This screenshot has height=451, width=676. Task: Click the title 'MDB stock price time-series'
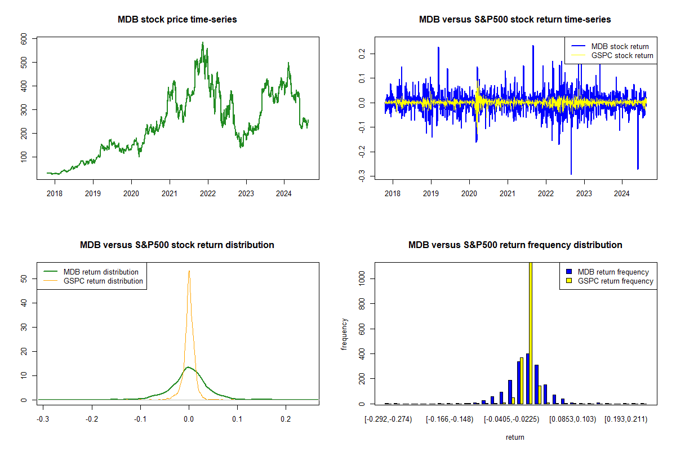click(177, 20)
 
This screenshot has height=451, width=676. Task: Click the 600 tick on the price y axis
click(25, 38)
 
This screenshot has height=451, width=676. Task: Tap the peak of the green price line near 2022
click(202, 43)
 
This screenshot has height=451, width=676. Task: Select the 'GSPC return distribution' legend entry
click(103, 281)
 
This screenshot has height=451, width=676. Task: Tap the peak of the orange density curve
click(189, 271)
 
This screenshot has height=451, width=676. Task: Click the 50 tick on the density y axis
click(25, 278)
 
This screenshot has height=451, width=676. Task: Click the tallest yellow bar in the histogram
click(530, 333)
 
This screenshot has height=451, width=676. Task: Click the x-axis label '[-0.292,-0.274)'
click(388, 419)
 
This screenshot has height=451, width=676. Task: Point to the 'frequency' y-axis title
click(344, 334)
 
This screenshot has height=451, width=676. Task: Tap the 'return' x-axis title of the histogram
click(515, 437)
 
